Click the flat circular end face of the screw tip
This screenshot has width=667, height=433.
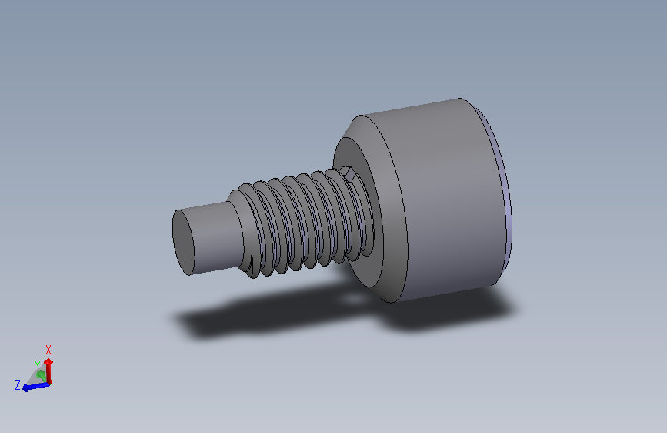click(183, 242)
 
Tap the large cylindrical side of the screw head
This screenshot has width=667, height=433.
click(447, 200)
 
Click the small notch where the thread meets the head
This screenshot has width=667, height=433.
click(348, 174)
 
